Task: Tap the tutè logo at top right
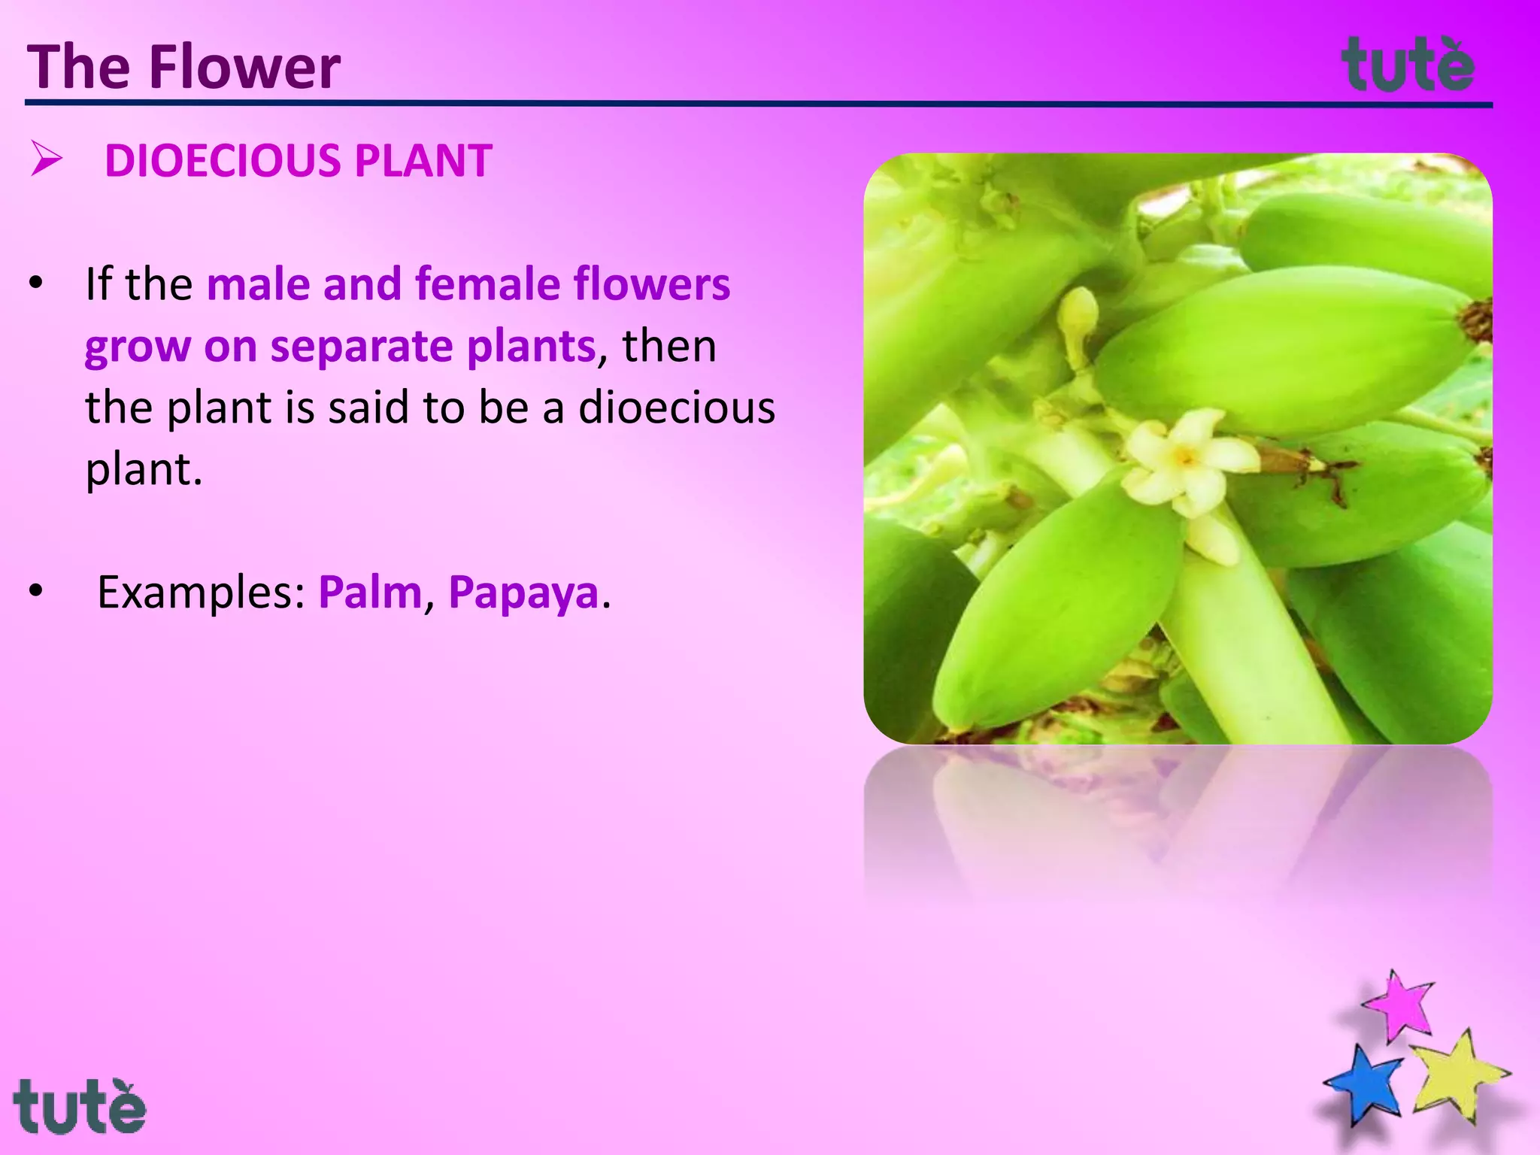click(x=1408, y=65)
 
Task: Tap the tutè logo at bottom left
click(x=79, y=1107)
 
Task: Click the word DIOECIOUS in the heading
click(x=223, y=161)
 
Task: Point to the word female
click(x=487, y=284)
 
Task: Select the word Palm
click(x=370, y=593)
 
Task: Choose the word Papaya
click(x=523, y=593)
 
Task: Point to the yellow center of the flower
click(x=1185, y=456)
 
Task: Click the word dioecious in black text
click(x=676, y=408)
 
